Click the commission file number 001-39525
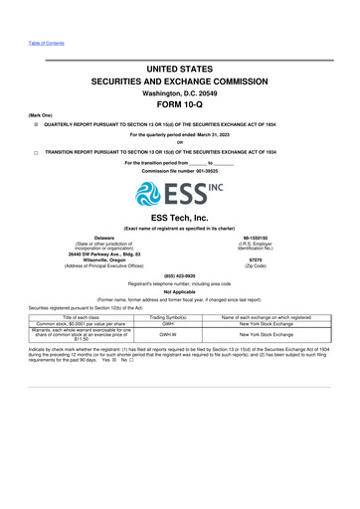[x=180, y=171]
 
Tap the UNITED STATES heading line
[x=180, y=68]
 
